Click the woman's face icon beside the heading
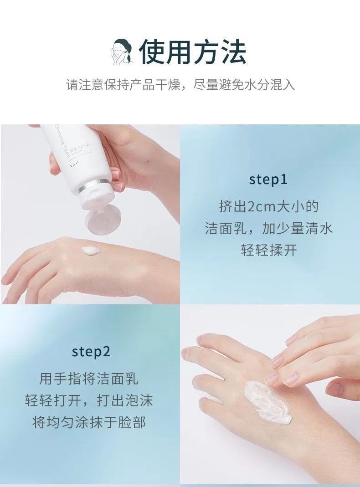(x=122, y=52)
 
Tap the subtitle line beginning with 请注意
(x=180, y=84)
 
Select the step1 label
(x=268, y=179)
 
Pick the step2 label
(x=91, y=352)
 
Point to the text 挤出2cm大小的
(x=269, y=206)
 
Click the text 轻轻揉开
(x=269, y=250)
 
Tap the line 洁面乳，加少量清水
(x=269, y=228)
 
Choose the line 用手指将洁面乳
(x=89, y=379)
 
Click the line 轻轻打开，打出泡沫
(x=89, y=400)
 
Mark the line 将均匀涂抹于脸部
(x=89, y=422)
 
